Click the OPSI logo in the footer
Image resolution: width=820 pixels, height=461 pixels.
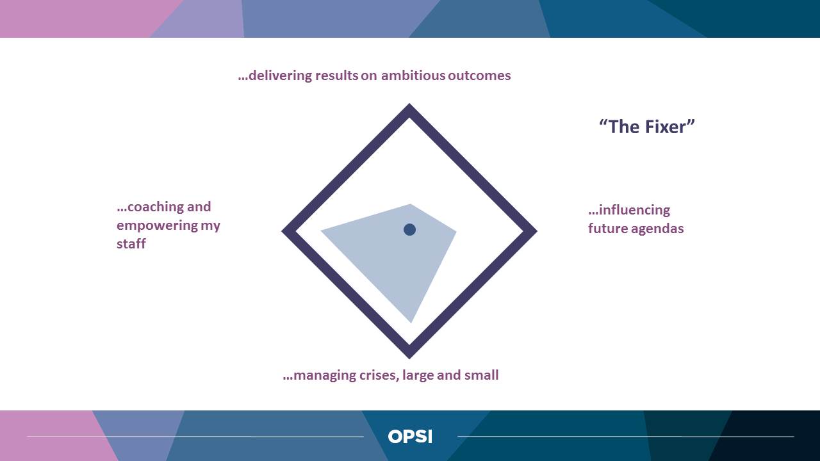pyautogui.click(x=410, y=437)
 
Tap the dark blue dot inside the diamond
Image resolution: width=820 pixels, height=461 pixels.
pyautogui.click(x=409, y=230)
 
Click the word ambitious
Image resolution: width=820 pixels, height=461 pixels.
pyautogui.click(x=413, y=76)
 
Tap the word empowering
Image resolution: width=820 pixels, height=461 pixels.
pyautogui.click(x=157, y=225)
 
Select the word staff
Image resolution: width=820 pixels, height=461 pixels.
pyautogui.click(x=131, y=243)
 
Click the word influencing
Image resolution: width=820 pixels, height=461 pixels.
pyautogui.click(x=634, y=211)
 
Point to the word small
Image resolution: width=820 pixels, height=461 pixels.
pyautogui.click(x=481, y=375)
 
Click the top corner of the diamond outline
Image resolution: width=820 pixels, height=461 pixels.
pyautogui.click(x=409, y=104)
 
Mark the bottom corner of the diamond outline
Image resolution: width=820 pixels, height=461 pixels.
pyautogui.click(x=409, y=359)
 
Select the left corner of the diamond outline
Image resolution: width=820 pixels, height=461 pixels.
pyautogui.click(x=282, y=231)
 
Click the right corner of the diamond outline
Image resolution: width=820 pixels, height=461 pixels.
pyautogui.click(x=537, y=231)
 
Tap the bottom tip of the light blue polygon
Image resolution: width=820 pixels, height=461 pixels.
pyautogui.click(x=411, y=323)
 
